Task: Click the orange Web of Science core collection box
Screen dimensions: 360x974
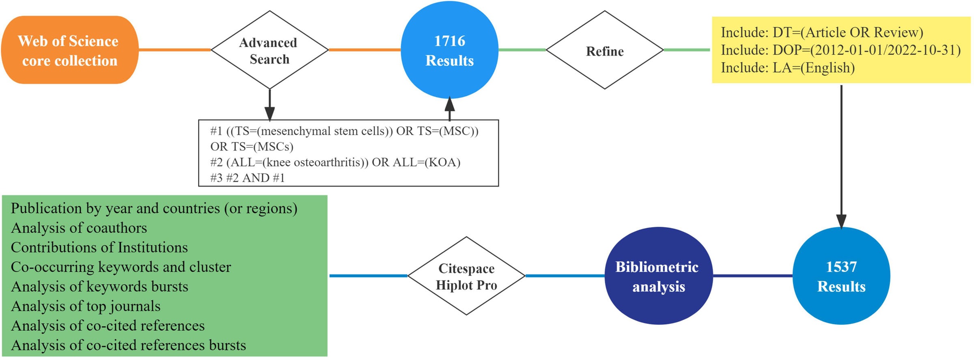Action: point(69,50)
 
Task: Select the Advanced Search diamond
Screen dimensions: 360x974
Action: point(269,50)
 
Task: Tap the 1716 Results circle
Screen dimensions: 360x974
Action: point(449,50)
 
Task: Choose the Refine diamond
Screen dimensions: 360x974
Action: point(605,50)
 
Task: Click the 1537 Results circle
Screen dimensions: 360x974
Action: point(841,276)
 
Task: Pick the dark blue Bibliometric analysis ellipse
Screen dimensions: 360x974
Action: point(658,276)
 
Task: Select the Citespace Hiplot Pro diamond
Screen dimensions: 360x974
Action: point(466,276)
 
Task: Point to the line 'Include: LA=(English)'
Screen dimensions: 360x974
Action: point(787,68)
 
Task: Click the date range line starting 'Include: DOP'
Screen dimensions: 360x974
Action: point(840,50)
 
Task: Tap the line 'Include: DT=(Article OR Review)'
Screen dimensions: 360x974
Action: point(821,32)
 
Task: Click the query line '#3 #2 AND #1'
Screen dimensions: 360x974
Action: point(248,178)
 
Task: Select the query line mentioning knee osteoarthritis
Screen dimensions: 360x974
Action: point(335,162)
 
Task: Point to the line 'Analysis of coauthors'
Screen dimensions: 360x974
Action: point(79,228)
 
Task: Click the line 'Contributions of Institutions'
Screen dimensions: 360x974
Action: point(99,248)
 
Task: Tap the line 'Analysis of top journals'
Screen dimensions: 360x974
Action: point(86,306)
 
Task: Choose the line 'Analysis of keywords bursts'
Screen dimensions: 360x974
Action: point(99,287)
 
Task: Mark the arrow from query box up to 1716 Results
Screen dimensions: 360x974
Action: point(449,109)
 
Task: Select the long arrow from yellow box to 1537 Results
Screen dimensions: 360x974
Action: point(841,154)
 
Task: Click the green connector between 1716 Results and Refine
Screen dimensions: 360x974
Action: point(522,50)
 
